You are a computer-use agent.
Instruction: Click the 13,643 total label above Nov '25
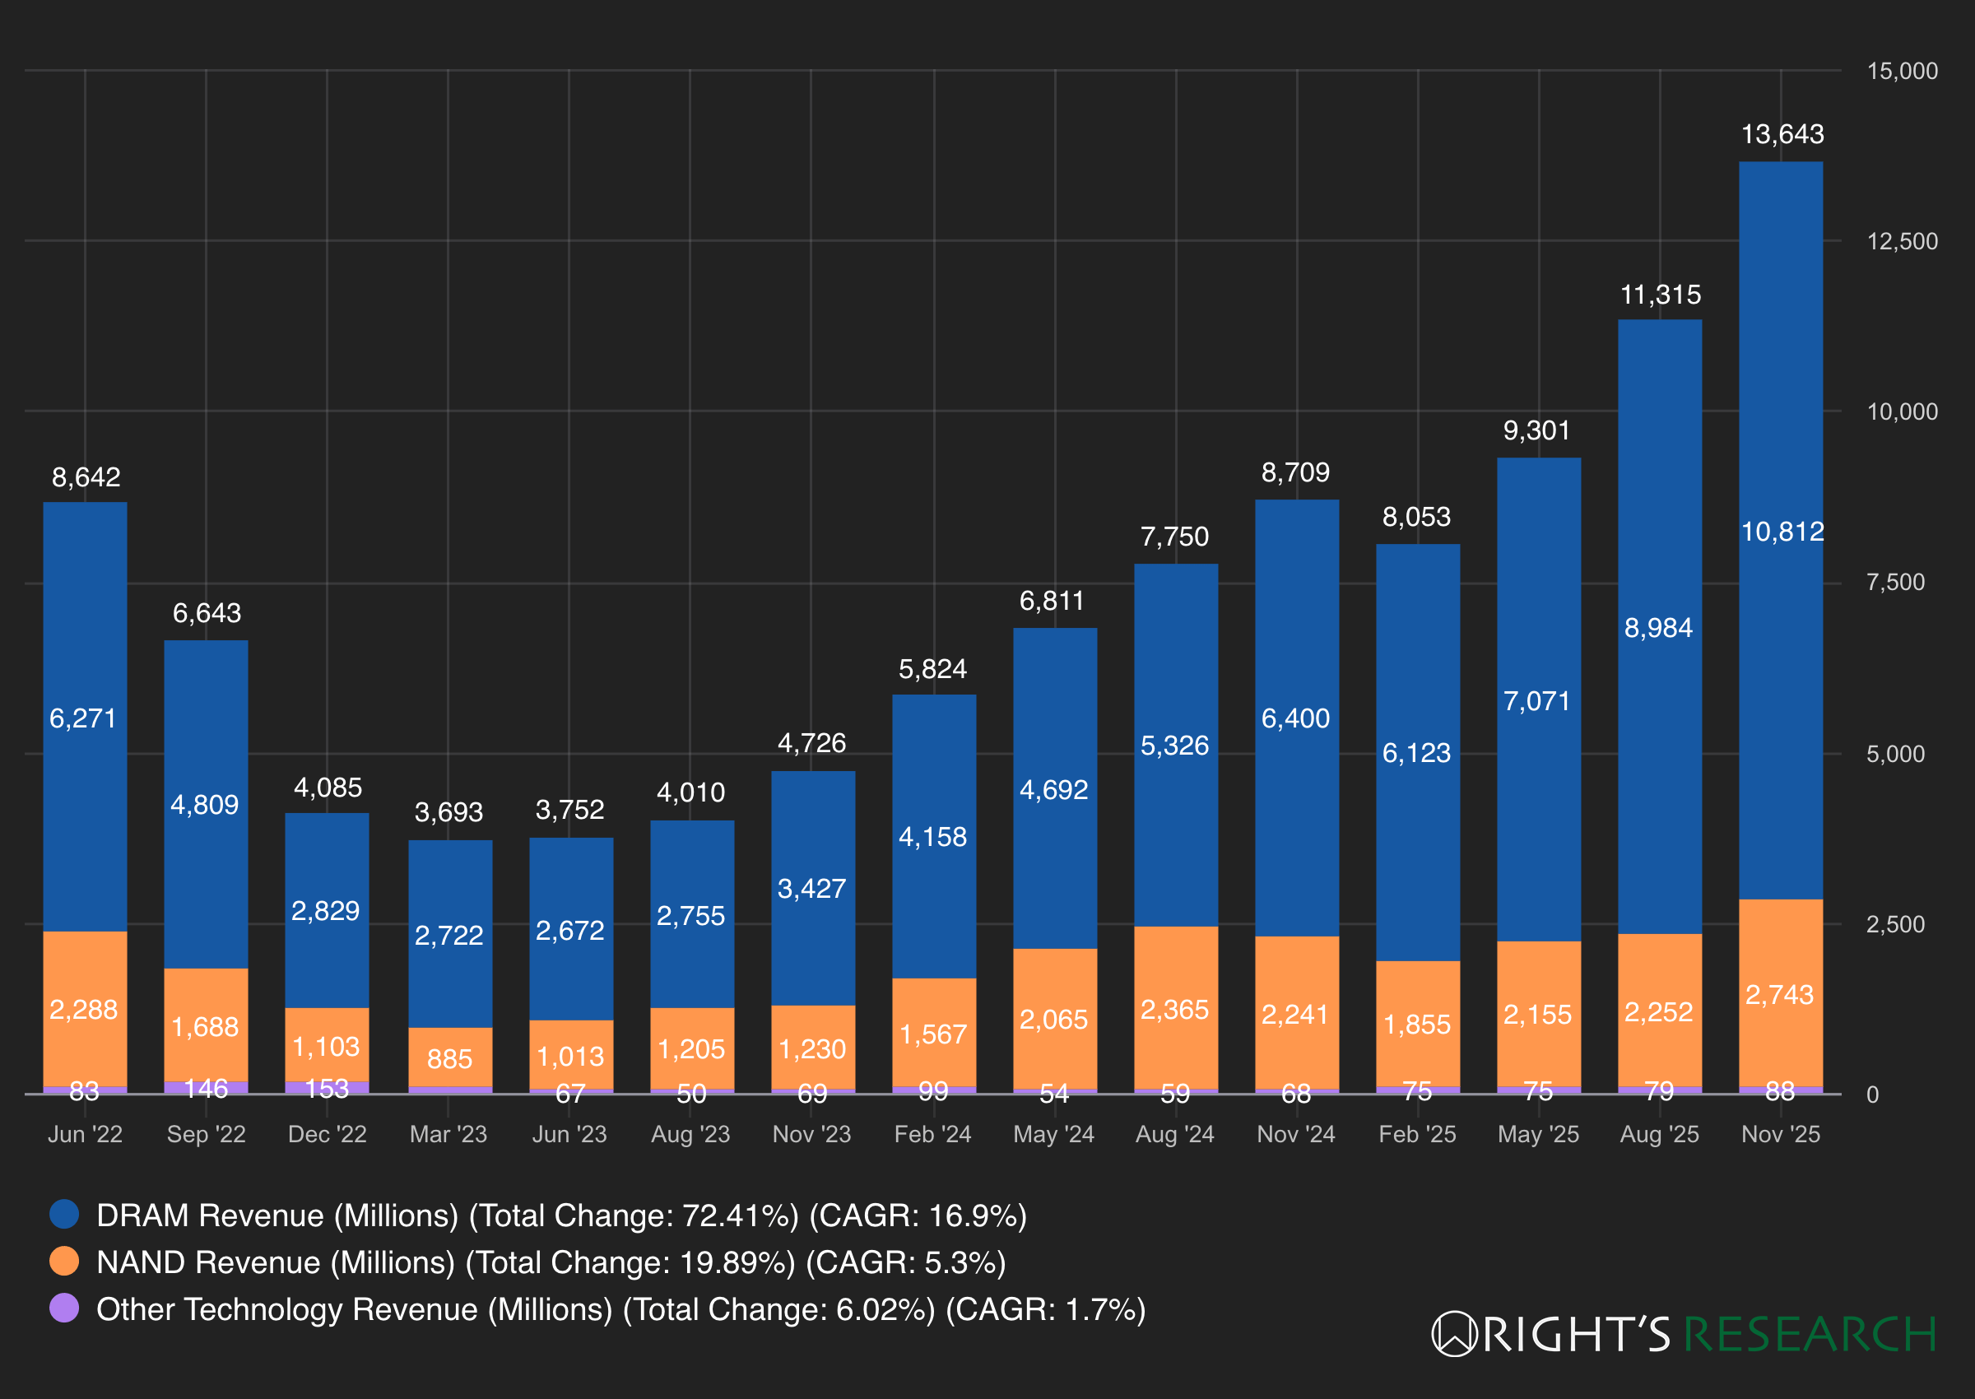[x=1782, y=134]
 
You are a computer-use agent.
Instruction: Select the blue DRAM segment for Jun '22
[x=86, y=717]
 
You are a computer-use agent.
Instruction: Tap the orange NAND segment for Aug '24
[x=1176, y=1007]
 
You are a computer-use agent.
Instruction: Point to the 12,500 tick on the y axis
[x=1902, y=241]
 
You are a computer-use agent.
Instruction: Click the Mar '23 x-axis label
[x=448, y=1134]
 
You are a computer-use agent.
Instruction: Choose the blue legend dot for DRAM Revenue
[x=64, y=1214]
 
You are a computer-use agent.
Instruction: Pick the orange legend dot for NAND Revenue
[x=64, y=1262]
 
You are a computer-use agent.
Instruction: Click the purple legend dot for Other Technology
[x=64, y=1308]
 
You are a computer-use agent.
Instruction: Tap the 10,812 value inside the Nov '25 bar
[x=1782, y=532]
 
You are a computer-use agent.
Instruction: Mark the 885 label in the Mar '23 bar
[x=448, y=1059]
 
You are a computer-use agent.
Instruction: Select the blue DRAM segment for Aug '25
[x=1660, y=627]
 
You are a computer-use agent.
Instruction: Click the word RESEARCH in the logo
[x=1810, y=1334]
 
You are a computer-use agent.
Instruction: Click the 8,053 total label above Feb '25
[x=1417, y=517]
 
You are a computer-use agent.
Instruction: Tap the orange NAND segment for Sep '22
[x=206, y=1025]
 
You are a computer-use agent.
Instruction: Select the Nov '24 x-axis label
[x=1296, y=1134]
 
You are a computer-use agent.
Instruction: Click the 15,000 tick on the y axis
[x=1902, y=71]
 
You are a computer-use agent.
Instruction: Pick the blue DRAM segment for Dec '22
[x=328, y=910]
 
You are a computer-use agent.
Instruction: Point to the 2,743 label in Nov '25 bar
[x=1779, y=995]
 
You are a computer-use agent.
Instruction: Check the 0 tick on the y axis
[x=1872, y=1094]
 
